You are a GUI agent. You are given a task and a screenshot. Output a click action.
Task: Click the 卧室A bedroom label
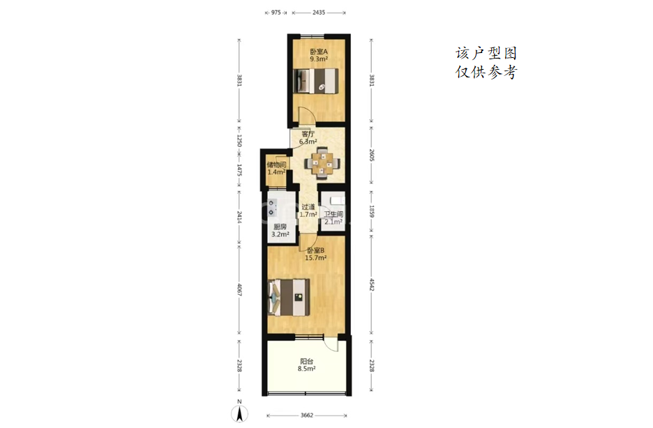319,52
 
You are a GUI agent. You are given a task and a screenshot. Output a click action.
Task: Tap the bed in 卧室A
315,81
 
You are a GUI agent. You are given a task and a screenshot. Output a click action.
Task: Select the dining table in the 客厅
322,163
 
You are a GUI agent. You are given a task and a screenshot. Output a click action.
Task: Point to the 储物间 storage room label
276,165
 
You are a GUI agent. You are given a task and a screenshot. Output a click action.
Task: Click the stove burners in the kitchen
271,208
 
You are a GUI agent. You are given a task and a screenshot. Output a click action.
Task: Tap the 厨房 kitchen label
280,227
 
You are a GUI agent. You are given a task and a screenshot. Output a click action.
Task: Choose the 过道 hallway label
308,207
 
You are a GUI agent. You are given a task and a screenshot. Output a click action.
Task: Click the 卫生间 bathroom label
333,214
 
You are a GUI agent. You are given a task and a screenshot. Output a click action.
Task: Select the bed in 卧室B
289,297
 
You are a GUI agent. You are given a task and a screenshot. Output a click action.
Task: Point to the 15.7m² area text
315,258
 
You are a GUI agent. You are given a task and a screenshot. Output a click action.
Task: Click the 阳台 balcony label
306,362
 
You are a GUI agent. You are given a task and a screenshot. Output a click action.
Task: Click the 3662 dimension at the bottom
307,415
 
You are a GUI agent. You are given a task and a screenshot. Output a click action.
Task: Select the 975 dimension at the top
276,13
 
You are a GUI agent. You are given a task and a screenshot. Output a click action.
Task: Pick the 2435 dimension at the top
319,13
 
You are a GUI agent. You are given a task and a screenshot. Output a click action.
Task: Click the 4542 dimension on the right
371,284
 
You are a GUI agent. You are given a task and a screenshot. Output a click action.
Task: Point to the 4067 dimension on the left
239,289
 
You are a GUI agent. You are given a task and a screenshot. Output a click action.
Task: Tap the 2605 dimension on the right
371,155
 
